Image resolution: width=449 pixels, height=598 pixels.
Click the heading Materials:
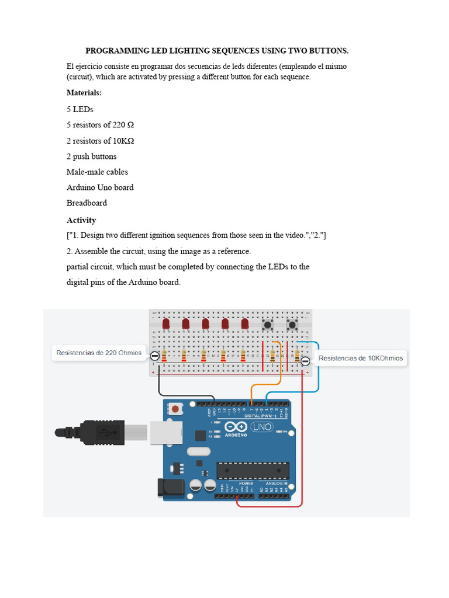pos(84,93)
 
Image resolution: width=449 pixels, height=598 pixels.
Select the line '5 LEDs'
pos(80,109)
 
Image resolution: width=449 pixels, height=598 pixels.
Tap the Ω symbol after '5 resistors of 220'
pos(130,125)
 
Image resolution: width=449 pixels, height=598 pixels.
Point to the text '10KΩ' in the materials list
pos(123,141)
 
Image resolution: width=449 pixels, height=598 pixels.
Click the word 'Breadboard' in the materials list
pos(87,203)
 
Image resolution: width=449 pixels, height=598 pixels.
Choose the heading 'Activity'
pos(81,220)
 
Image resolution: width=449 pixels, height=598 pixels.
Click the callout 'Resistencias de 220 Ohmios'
pos(99,353)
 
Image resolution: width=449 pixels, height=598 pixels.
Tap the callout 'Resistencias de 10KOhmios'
pos(361,358)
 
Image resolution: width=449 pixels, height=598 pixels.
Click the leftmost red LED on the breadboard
pos(166,324)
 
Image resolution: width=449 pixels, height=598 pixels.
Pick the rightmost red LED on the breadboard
pos(244,324)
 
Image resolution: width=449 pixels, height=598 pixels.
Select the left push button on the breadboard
pos(268,325)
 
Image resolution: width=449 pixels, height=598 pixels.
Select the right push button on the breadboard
pos(292,325)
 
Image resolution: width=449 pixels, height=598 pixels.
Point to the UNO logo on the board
pos(265,427)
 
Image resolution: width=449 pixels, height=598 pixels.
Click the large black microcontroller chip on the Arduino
pos(253,470)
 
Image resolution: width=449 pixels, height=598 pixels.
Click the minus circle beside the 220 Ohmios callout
pos(154,356)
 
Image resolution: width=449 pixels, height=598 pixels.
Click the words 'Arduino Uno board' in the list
pos(100,187)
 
